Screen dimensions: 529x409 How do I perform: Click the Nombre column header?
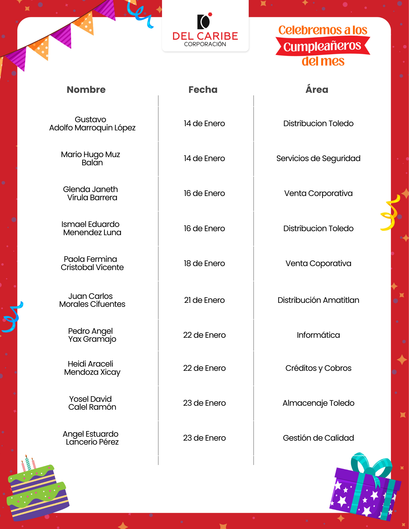click(86, 90)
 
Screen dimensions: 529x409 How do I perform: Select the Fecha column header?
click(203, 90)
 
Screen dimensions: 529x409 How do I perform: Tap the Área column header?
click(317, 90)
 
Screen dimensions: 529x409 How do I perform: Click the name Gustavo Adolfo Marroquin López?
click(92, 124)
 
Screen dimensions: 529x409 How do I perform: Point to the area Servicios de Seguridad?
click(318, 158)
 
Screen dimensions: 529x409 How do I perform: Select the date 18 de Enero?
click(204, 263)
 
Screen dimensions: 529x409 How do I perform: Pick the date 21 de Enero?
click(204, 300)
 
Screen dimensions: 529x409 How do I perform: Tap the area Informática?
click(318, 335)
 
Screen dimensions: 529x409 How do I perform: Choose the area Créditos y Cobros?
click(318, 368)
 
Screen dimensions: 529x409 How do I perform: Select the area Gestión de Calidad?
click(318, 438)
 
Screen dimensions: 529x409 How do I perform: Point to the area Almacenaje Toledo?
click(318, 403)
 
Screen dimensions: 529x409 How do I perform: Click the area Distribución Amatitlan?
click(318, 300)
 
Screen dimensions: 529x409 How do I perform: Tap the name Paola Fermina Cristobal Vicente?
click(92, 263)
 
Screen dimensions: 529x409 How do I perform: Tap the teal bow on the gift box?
click(371, 466)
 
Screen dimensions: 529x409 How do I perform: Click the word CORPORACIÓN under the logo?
click(205, 44)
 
